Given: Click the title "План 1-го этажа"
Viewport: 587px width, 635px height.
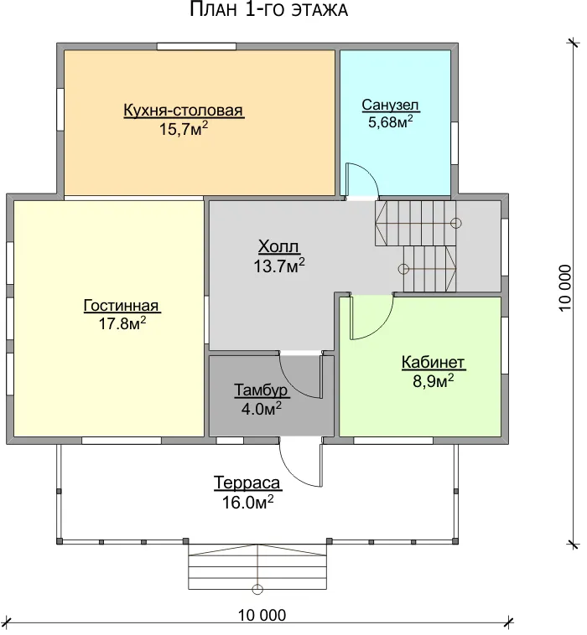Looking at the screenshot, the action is click(269, 10).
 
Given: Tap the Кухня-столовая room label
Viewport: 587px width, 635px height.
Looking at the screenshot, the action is click(184, 110).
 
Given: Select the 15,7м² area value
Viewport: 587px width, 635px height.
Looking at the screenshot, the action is click(184, 129).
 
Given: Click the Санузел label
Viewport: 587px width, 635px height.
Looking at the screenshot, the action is click(391, 105).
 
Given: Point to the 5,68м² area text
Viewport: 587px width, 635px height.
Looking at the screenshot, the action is click(391, 121).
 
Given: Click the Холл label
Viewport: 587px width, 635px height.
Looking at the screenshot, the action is click(279, 246).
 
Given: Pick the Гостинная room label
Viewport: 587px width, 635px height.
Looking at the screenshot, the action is click(122, 305).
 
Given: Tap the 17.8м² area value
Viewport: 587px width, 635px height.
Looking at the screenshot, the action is click(122, 323).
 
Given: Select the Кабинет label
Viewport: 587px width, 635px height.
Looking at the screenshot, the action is click(433, 363).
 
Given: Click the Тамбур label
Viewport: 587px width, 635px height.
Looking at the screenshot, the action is click(261, 390).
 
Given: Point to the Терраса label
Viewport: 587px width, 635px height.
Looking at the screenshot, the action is click(247, 483).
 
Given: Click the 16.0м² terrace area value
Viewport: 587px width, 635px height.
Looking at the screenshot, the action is click(247, 502).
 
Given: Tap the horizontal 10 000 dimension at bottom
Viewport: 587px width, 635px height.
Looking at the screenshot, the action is click(262, 615).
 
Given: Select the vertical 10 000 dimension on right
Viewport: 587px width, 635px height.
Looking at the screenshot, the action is click(564, 288).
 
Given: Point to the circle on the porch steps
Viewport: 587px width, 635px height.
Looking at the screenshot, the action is click(257, 589).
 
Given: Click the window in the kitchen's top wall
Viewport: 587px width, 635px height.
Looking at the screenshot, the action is click(196, 46).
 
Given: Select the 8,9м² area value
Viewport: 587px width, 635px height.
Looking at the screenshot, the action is click(434, 381).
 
